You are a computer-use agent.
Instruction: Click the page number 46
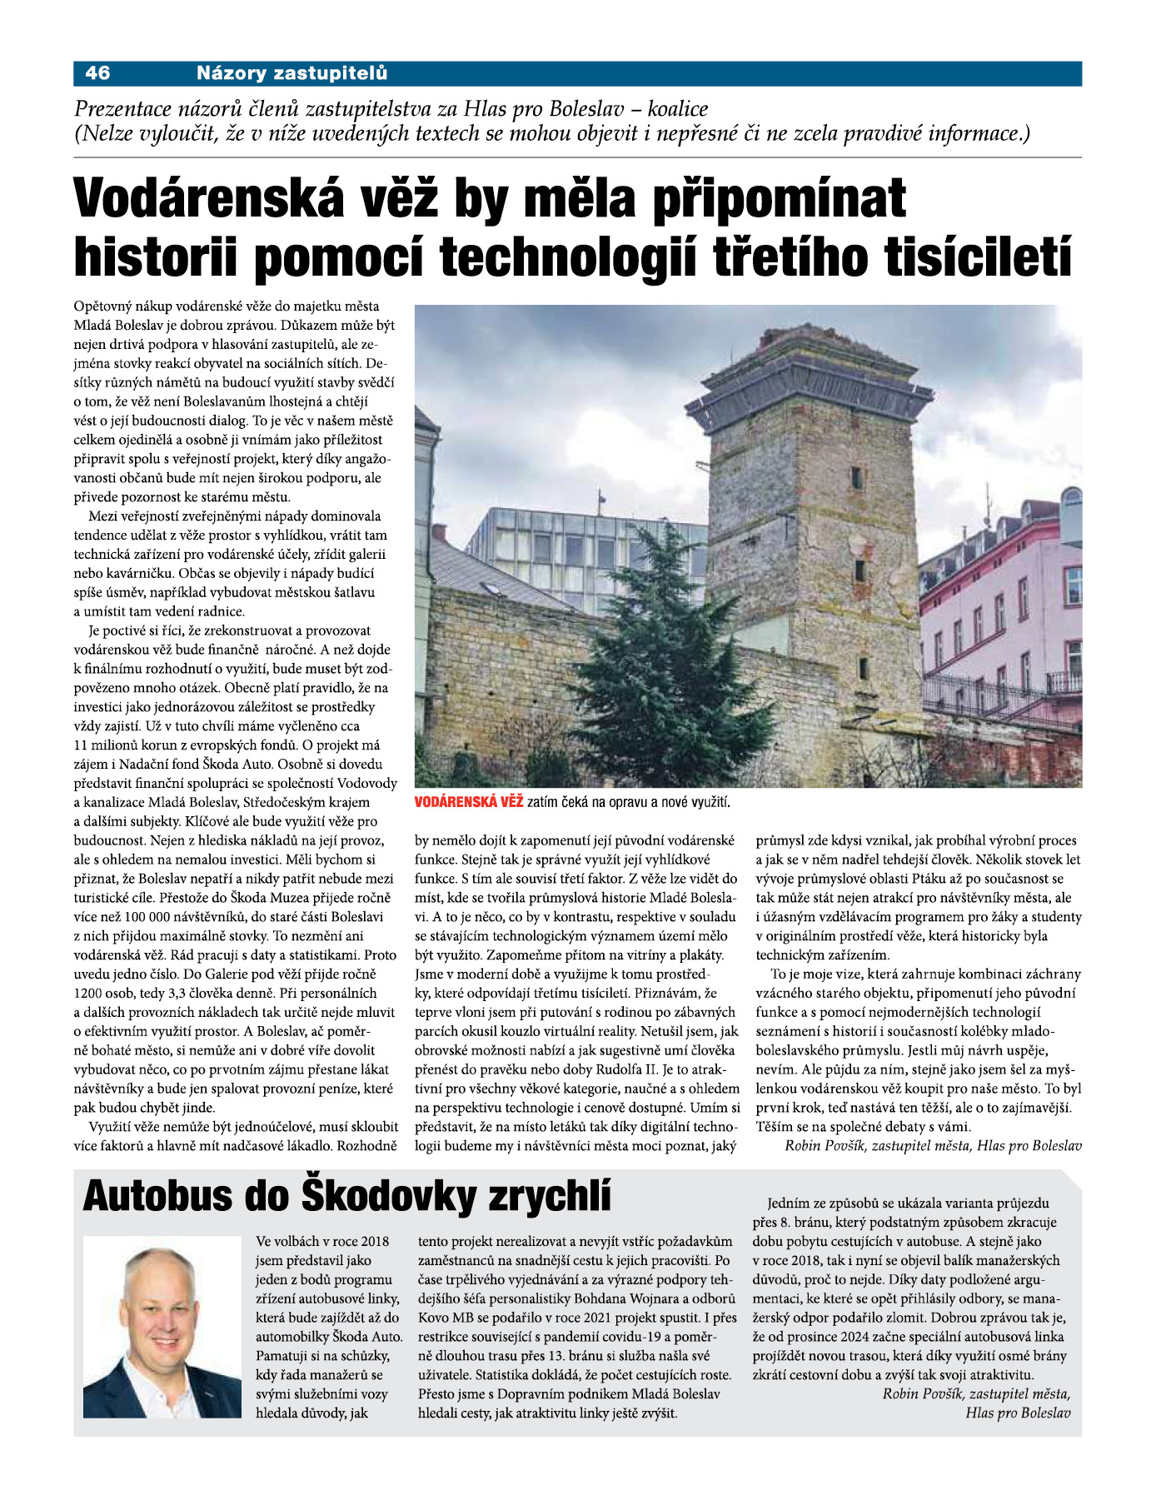(97, 73)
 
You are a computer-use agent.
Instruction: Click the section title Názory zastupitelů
(291, 73)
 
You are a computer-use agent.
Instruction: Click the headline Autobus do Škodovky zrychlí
(347, 1197)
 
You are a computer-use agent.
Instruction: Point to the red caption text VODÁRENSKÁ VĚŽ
(469, 802)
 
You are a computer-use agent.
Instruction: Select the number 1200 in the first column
(89, 994)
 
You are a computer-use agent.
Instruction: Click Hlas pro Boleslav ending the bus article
(1018, 1413)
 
